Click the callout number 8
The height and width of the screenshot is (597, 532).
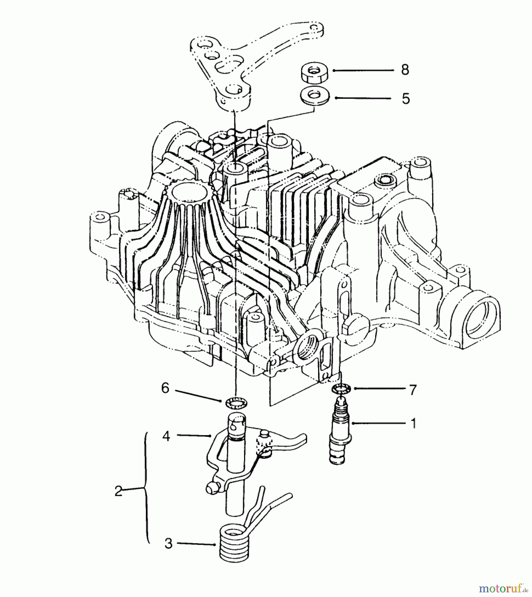click(x=405, y=70)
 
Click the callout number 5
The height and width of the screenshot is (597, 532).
click(x=406, y=99)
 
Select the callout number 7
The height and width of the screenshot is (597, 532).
click(x=413, y=390)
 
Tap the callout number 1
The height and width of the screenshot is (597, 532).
click(x=413, y=423)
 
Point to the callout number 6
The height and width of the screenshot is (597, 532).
click(x=165, y=388)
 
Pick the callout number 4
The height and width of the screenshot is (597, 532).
click(x=166, y=436)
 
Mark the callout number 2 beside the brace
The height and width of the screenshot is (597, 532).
click(x=118, y=491)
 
